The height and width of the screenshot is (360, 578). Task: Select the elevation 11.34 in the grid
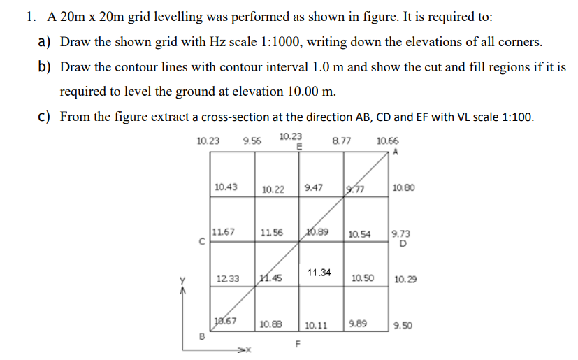coord(319,271)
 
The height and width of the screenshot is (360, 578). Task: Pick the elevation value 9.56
coord(252,141)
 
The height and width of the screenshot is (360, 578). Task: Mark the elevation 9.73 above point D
coord(402,234)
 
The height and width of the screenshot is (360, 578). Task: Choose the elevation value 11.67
coord(224,231)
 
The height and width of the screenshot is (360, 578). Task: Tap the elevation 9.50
coord(403,325)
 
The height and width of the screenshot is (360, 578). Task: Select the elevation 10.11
coord(317,325)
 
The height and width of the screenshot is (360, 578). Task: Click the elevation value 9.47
coord(315,187)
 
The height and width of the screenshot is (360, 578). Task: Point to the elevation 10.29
coord(405,279)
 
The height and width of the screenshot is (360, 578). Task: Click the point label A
coord(396,151)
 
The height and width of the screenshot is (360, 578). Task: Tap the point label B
coord(203,335)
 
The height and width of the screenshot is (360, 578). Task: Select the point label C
coord(201,243)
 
